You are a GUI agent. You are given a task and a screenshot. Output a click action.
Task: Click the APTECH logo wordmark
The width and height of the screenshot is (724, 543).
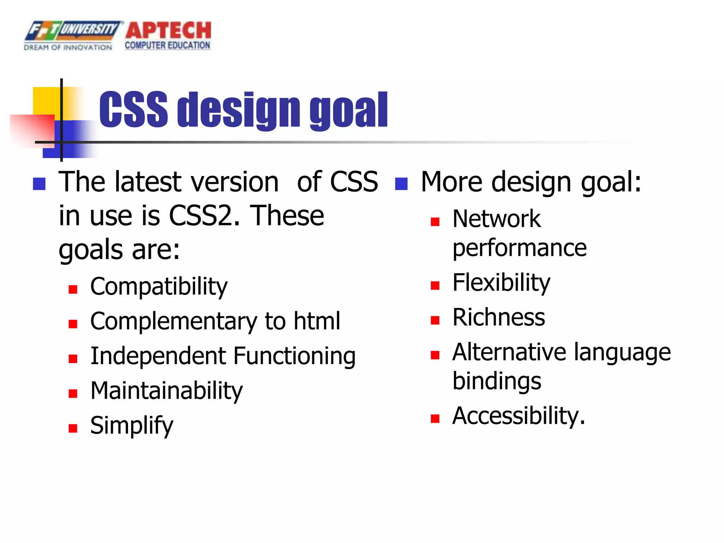click(168, 30)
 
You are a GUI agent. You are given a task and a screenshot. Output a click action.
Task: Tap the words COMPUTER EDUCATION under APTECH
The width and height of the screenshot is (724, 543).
click(167, 46)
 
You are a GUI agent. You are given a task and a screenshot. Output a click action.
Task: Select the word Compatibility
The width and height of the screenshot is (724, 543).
click(159, 286)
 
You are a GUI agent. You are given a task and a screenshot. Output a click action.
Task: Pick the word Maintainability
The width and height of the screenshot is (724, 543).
click(167, 391)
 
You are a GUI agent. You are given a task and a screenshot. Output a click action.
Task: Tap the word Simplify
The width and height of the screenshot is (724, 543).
click(132, 425)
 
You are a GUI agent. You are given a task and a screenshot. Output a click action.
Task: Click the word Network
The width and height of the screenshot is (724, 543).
click(496, 219)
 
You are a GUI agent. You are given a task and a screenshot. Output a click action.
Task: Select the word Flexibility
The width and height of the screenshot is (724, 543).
click(501, 283)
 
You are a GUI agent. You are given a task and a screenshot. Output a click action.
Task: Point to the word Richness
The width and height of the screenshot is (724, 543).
click(498, 317)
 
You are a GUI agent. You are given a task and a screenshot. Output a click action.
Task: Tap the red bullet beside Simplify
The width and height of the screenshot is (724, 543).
click(73, 428)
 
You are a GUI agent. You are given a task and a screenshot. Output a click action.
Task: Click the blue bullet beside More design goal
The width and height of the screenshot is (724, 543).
click(401, 184)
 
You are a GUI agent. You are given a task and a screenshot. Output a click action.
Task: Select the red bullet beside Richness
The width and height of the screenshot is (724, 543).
click(435, 320)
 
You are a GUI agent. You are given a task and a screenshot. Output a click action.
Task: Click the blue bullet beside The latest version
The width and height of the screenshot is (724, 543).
click(39, 184)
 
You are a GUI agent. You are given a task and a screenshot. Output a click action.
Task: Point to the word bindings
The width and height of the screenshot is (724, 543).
click(497, 381)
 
